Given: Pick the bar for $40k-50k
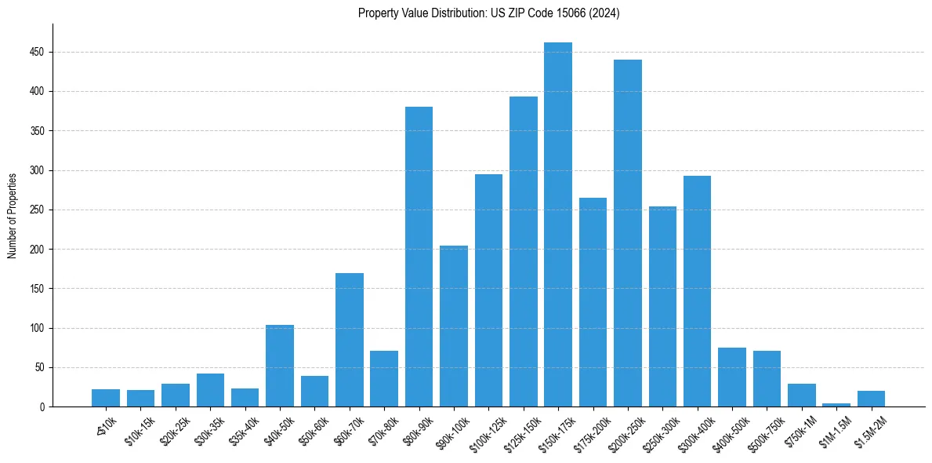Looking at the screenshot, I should coord(280,366).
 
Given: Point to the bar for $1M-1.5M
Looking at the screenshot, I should coord(836,405).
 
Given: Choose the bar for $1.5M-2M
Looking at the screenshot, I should coord(871,399).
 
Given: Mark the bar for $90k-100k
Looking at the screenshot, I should coord(454,326).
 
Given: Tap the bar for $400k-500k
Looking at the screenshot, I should coord(732,377).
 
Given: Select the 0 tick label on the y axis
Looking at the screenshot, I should coord(43,407).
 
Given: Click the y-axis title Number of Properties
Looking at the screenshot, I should coord(13,215).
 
